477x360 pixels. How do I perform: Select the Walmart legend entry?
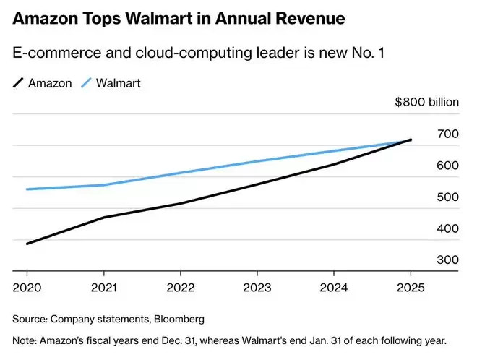[x=110, y=83]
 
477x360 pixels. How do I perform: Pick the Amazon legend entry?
[x=43, y=83]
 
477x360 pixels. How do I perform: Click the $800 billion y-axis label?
[x=426, y=102]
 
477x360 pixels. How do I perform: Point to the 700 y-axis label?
[x=448, y=134]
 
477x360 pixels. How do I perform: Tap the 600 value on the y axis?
[x=448, y=166]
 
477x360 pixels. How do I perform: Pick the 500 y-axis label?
[x=448, y=197]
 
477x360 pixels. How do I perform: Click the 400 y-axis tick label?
[x=448, y=228]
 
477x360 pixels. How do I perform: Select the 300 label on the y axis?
[x=448, y=260]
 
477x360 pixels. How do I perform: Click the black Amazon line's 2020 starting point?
[x=27, y=244]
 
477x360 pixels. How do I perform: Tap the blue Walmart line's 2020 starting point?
[x=27, y=189]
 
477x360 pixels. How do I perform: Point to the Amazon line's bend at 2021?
[x=103, y=217]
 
